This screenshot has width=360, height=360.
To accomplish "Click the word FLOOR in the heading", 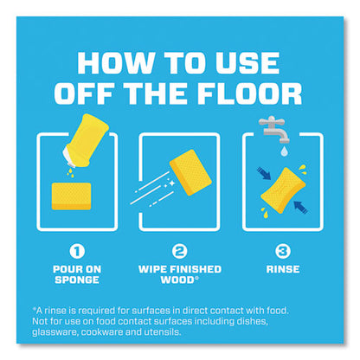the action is (x=249, y=93).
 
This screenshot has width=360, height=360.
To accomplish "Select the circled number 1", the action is (x=77, y=251).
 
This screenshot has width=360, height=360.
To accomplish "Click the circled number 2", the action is (x=179, y=251).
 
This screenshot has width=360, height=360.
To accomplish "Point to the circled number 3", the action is (x=282, y=251).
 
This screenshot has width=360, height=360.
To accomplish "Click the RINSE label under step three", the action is (x=283, y=269).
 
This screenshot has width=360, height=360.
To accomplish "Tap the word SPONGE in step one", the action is (x=77, y=280).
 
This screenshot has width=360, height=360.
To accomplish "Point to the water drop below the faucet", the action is (x=284, y=151).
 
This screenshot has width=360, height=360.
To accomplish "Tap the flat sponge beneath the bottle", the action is (x=71, y=196).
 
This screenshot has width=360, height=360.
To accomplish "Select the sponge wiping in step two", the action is (x=190, y=172).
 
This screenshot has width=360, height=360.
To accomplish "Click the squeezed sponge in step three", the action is (x=283, y=190).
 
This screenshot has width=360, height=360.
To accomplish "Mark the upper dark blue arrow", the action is (x=264, y=174).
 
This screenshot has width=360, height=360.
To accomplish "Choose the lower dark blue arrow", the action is (x=300, y=207).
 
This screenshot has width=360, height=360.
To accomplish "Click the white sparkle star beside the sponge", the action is (x=171, y=183).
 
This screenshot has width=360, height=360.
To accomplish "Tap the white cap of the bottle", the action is (x=69, y=157).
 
